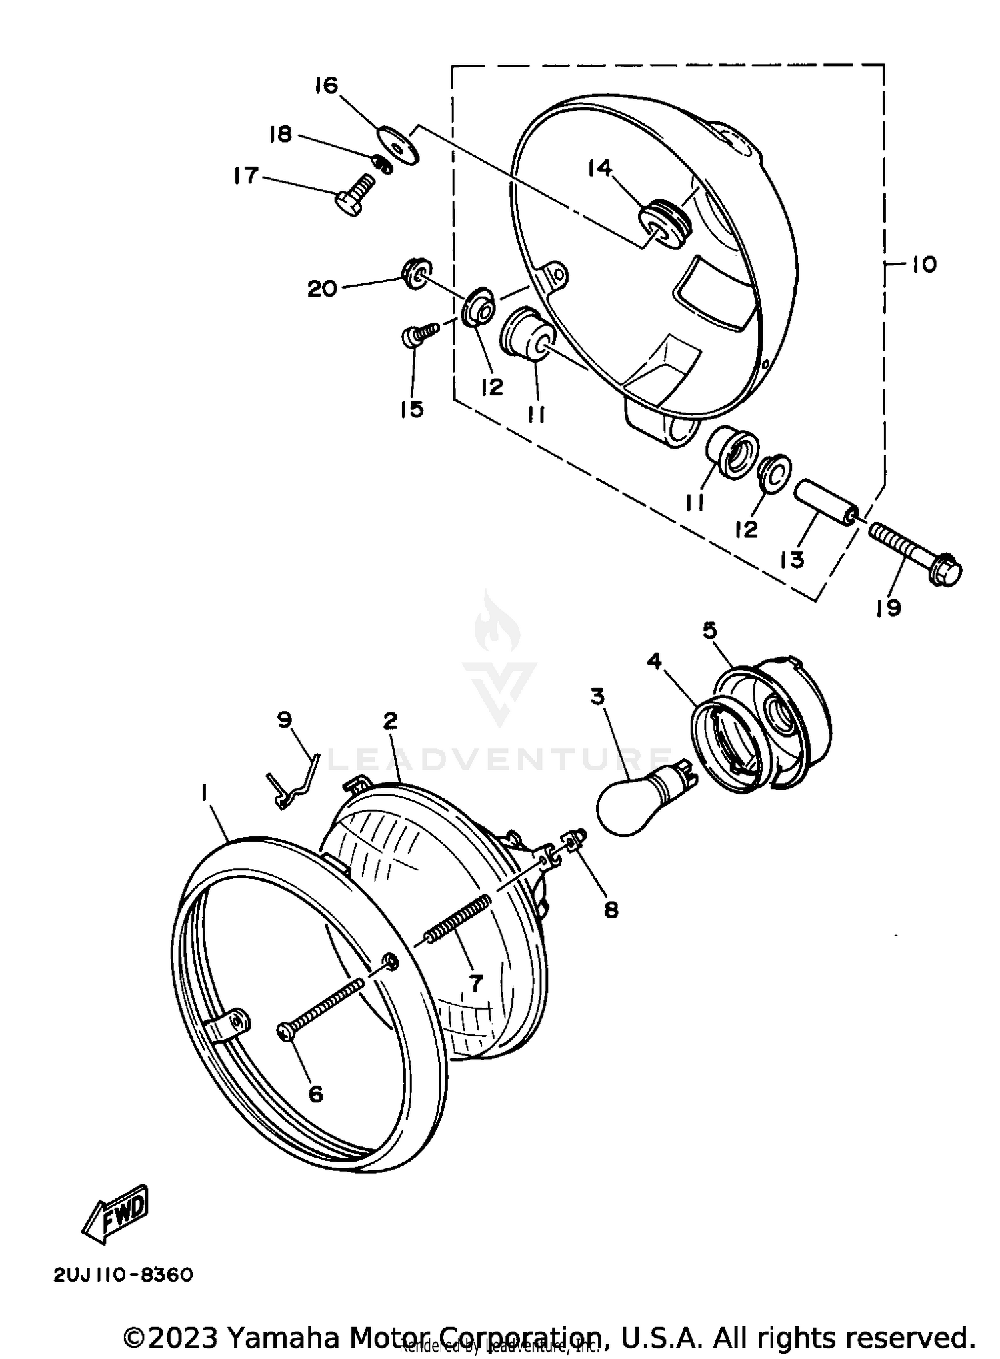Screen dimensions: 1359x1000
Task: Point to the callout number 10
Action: (x=923, y=265)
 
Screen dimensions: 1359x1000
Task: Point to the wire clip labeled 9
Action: (x=293, y=782)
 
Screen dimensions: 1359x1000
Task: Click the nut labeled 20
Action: (x=417, y=272)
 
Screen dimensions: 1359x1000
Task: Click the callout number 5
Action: (x=709, y=630)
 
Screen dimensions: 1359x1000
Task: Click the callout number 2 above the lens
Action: (x=390, y=720)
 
